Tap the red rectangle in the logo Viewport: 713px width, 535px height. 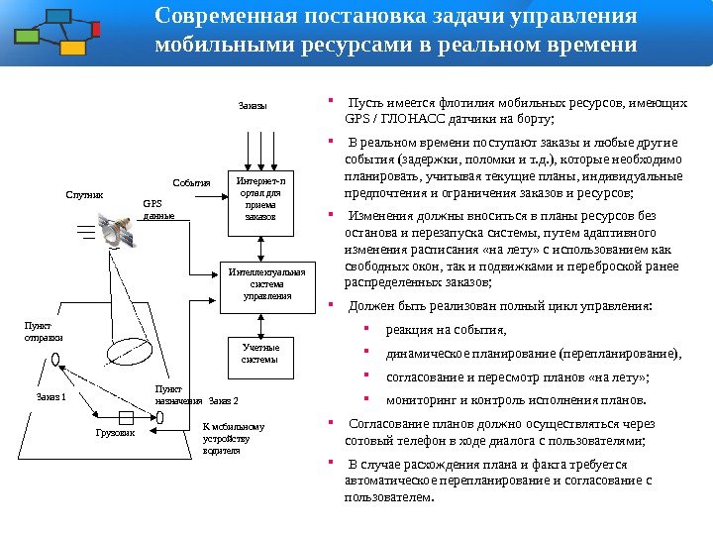pos(95,29)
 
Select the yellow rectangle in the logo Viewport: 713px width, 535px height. pos(71,48)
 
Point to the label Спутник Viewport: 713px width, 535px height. pos(84,196)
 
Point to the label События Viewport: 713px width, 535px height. pos(192,183)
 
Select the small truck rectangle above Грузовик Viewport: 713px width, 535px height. pos(125,416)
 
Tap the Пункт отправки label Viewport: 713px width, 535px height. pos(38,332)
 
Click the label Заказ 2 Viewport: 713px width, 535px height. pos(225,401)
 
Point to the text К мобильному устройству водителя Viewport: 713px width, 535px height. pos(227,438)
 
